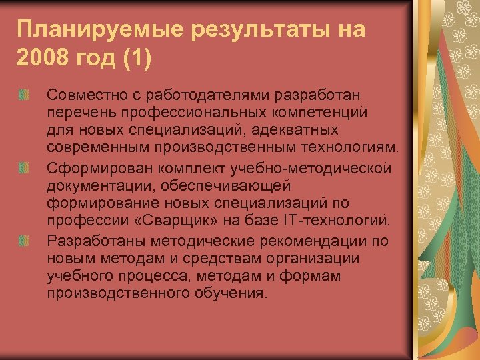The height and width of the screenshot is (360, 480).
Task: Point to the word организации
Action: click(319, 257)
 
